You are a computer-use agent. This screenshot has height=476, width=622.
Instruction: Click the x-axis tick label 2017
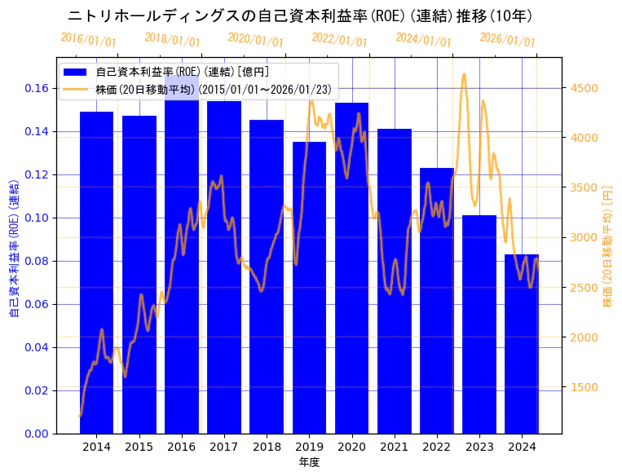(x=223, y=447)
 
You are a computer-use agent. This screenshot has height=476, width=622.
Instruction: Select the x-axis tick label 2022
(x=437, y=447)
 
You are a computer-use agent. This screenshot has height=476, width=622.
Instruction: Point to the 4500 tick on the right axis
(x=584, y=88)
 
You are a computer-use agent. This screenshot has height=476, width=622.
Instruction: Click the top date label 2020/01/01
(x=256, y=39)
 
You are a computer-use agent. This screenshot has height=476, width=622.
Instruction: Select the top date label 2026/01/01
(x=507, y=39)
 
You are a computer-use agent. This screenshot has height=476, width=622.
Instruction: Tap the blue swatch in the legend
(x=79, y=73)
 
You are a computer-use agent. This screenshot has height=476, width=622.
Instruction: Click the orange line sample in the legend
(x=79, y=88)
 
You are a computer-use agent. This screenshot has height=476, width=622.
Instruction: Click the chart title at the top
(x=300, y=15)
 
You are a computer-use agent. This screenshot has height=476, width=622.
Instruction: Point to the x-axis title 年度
(x=309, y=462)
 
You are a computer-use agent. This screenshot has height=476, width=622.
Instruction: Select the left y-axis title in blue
(x=14, y=245)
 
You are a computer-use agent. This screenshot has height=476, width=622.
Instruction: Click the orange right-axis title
(x=607, y=245)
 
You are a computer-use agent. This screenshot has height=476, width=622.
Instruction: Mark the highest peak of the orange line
(x=464, y=74)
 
